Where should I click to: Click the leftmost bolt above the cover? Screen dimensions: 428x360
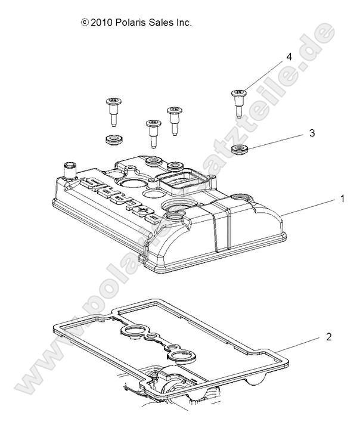tap(112, 110)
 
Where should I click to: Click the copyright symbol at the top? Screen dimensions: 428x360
tap(84, 23)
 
